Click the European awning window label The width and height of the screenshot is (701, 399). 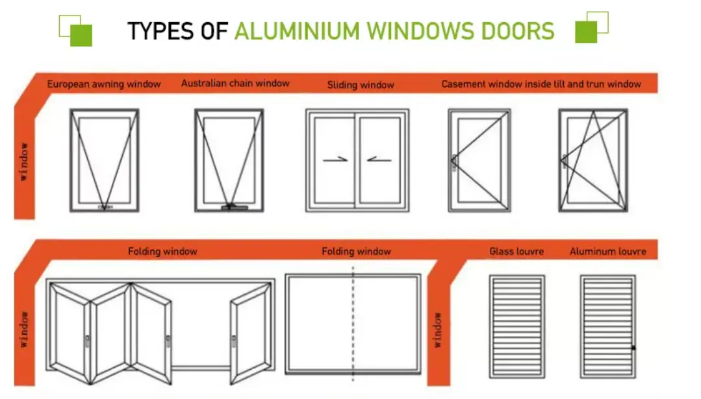(104, 84)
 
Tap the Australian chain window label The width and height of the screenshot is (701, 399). (235, 83)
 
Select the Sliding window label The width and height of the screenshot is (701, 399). (361, 85)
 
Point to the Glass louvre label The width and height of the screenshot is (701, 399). (516, 251)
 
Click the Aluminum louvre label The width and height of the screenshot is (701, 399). (607, 251)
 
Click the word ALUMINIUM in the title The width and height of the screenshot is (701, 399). (298, 31)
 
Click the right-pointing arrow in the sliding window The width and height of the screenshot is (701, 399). (335, 159)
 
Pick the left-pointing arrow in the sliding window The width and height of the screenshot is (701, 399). (379, 159)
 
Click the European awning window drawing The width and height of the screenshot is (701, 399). (104, 160)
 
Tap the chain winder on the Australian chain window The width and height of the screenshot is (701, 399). (235, 207)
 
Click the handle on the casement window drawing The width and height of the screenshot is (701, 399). (454, 163)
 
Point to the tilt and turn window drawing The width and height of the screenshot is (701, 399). (593, 160)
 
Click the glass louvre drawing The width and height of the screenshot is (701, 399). (516, 327)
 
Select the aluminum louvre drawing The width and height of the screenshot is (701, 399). (608, 327)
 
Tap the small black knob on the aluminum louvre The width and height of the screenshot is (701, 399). (633, 348)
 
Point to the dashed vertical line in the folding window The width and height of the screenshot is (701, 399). (353, 324)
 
